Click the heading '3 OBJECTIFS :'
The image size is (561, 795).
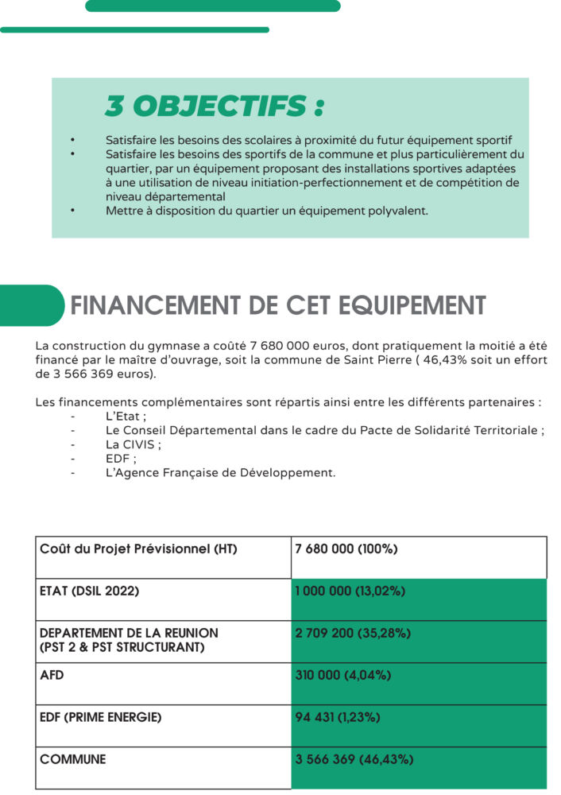215,106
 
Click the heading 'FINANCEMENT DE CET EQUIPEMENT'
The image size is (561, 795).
277,306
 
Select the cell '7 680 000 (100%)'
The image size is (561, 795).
346,549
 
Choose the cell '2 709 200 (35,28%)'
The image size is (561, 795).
352,634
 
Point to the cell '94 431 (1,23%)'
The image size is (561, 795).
337,717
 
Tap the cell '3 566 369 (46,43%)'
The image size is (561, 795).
354,759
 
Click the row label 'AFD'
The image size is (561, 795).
52,675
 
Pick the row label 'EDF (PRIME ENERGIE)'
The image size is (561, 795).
100,717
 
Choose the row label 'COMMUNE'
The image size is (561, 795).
72,759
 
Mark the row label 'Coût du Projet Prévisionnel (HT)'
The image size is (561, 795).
138,549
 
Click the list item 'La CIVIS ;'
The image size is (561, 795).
133,444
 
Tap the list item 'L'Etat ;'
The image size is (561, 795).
126,416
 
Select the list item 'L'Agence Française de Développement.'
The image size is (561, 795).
220,473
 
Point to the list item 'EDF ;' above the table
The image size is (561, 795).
121,459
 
